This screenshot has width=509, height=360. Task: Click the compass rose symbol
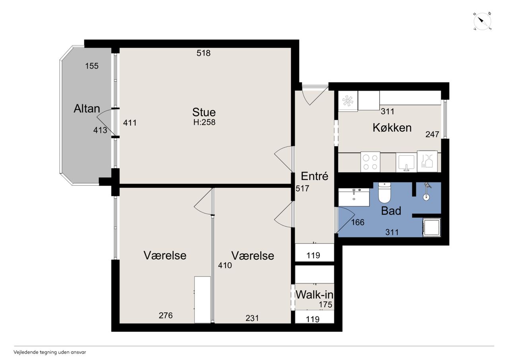pyautogui.click(x=482, y=21)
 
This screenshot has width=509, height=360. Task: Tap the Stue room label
pyautogui.click(x=204, y=112)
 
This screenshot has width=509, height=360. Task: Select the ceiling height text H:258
pyautogui.click(x=204, y=122)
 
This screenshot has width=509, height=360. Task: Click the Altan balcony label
pyautogui.click(x=87, y=109)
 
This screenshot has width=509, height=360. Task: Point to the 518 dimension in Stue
pyautogui.click(x=203, y=53)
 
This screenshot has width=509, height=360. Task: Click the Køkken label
pyautogui.click(x=392, y=128)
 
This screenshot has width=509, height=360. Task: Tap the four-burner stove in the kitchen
pyautogui.click(x=370, y=162)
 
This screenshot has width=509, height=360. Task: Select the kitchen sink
pyautogui.click(x=406, y=162)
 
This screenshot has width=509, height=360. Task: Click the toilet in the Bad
pyautogui.click(x=384, y=193)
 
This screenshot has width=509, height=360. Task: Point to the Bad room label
pyautogui.click(x=391, y=211)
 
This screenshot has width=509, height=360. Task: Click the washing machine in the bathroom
pyautogui.click(x=431, y=227)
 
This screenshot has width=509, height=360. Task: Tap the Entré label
pyautogui.click(x=315, y=176)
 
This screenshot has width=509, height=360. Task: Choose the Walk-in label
pyautogui.click(x=314, y=295)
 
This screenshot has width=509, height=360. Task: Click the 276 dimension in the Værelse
pyautogui.click(x=166, y=315)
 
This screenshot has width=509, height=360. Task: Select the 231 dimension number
pyautogui.click(x=252, y=318)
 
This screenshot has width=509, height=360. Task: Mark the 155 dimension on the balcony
pyautogui.click(x=92, y=66)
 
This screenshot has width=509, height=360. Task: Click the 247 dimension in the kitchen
pyautogui.click(x=432, y=134)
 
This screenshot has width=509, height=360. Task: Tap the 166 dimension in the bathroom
pyautogui.click(x=357, y=222)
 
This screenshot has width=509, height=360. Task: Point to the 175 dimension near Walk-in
pyautogui.click(x=325, y=304)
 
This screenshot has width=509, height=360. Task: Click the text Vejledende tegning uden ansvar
pyautogui.click(x=50, y=352)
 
